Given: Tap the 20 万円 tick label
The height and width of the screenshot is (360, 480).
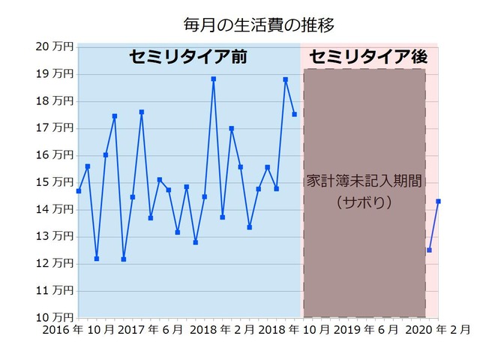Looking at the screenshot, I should click(x=55, y=46).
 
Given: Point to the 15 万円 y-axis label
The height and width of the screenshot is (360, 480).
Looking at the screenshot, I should click(x=55, y=182).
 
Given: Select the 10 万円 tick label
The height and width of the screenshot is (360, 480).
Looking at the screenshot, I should click(x=55, y=317).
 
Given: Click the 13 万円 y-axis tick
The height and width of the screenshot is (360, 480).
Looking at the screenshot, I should click(x=55, y=236).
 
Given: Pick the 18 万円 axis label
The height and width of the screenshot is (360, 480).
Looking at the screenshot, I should click(x=55, y=100).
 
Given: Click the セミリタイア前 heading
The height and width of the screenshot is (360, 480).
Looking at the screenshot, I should click(x=187, y=57).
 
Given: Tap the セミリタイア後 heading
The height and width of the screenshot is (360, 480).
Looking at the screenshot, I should click(x=368, y=57).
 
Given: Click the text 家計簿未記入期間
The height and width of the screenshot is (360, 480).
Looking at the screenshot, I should click(x=364, y=181).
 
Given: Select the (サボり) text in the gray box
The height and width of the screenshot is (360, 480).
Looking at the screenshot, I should click(x=364, y=202).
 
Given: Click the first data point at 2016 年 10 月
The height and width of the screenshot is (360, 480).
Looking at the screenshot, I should click(x=79, y=191).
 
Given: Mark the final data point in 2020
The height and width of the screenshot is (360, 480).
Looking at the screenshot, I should click(x=438, y=201).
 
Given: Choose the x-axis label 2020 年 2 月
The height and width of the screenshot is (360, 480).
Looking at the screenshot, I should click(x=439, y=330).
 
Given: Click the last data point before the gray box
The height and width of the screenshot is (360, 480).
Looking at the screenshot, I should click(x=295, y=114).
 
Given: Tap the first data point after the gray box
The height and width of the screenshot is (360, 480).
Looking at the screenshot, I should click(x=429, y=250).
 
